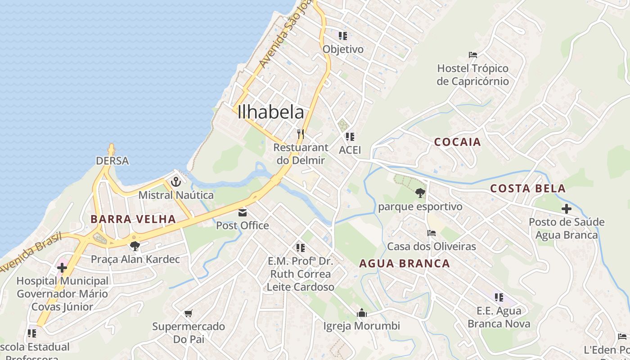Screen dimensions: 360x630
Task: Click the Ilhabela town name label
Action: [x=271, y=112]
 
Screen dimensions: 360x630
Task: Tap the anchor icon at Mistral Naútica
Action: [x=176, y=182]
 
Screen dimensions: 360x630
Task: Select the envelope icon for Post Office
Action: [x=243, y=212]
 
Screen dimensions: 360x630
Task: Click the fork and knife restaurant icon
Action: [x=301, y=134]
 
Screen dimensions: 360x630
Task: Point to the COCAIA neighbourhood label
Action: [x=458, y=142]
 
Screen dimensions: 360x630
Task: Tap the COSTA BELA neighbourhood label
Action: [x=528, y=189]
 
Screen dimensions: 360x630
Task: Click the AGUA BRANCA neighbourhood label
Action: [x=405, y=264]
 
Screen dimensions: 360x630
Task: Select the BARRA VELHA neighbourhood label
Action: [x=133, y=219]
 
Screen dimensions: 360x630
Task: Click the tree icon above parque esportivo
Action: [x=420, y=193]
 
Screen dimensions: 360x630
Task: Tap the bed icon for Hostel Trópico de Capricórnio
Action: [x=472, y=55]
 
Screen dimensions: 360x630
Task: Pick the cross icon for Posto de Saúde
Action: [x=566, y=209]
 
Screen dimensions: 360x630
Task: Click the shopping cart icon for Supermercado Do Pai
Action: [x=189, y=313]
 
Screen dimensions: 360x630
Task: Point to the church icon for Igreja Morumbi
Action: [x=361, y=312]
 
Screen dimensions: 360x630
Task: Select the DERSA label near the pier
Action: [x=112, y=161]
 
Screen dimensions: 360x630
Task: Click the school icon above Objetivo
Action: [x=343, y=36]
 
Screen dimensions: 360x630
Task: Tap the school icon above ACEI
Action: [x=350, y=136]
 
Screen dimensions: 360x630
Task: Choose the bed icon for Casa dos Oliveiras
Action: [x=431, y=233]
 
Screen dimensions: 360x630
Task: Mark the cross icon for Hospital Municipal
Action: [x=62, y=268]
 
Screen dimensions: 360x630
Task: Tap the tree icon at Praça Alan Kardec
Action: [x=135, y=246]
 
